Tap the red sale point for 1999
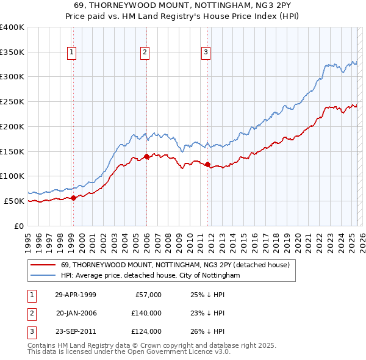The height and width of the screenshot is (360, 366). point(73,197)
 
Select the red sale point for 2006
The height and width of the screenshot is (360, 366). point(146,156)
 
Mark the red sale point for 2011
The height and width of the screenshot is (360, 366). point(208,164)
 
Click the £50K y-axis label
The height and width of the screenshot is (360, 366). point(15,201)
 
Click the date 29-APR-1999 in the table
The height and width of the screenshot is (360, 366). point(76,295)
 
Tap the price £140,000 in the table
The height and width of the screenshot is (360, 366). point(146,313)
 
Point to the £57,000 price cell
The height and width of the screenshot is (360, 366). point(148,295)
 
